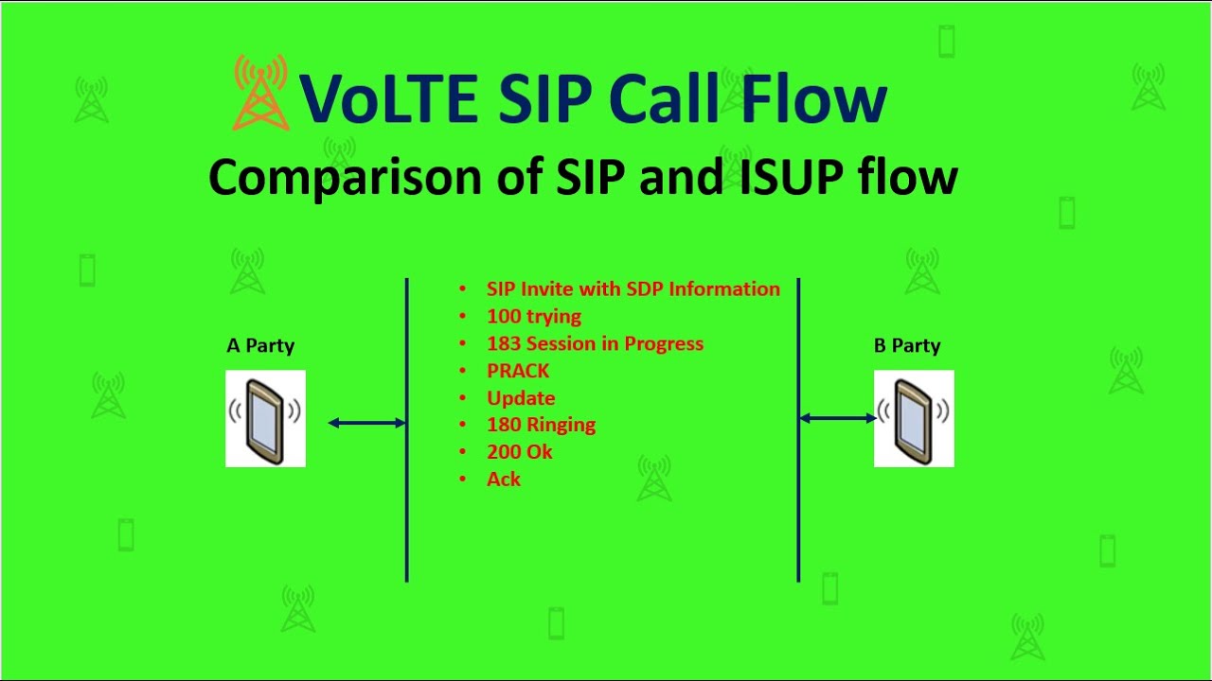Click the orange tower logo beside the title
pyautogui.click(x=260, y=93)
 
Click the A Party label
pyautogui.click(x=260, y=346)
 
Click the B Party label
pyautogui.click(x=907, y=346)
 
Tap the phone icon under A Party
pyautogui.click(x=265, y=418)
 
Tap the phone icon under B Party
pyautogui.click(x=914, y=418)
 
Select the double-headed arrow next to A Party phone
pyautogui.click(x=367, y=423)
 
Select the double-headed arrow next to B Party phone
pyautogui.click(x=837, y=418)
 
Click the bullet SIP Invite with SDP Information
pyautogui.click(x=633, y=289)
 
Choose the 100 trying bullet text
pyautogui.click(x=533, y=317)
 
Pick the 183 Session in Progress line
pyautogui.click(x=595, y=344)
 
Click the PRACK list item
pyautogui.click(x=518, y=371)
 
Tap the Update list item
pyautogui.click(x=521, y=398)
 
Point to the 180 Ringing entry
pyautogui.click(x=541, y=426)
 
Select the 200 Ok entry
pyautogui.click(x=519, y=452)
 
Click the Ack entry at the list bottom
pyautogui.click(x=504, y=480)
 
